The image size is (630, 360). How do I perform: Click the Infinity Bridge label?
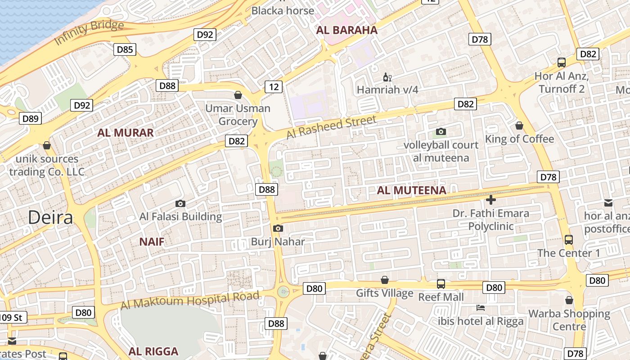[89, 32]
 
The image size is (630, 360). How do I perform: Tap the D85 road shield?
[125, 49]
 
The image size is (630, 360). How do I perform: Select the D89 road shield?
[31, 118]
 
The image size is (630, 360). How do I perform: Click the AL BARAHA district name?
[346, 31]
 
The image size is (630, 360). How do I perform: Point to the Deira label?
[50, 217]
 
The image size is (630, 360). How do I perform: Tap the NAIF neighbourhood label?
[152, 242]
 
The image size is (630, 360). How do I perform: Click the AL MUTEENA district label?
[411, 190]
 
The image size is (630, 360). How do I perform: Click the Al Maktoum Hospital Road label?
[190, 300]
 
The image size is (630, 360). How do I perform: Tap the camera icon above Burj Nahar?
[278, 228]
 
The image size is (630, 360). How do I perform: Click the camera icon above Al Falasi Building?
[180, 204]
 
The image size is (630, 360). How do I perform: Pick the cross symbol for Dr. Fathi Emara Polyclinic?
[490, 200]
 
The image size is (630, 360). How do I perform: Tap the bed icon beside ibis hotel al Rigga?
[481, 308]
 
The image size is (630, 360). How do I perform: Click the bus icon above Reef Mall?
[441, 284]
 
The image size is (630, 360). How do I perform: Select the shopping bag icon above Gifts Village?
[385, 280]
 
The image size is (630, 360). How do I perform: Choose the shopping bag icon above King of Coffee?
[519, 126]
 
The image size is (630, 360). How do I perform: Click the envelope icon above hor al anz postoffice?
[608, 203]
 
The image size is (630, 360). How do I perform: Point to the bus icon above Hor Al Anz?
[562, 63]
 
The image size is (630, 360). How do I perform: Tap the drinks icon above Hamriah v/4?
[387, 77]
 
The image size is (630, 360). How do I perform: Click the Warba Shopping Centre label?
[569, 319]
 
